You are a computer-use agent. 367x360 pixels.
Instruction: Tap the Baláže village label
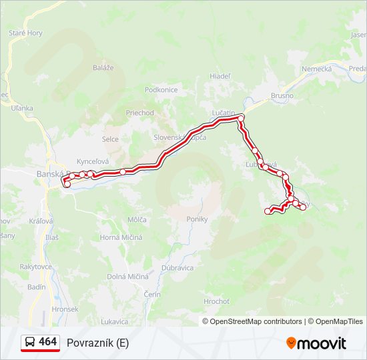pos(103,67)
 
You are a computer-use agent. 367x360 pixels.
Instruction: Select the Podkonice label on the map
pos(161,90)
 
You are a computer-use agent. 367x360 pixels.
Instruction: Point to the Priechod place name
pos(139,113)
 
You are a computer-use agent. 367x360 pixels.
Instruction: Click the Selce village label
pos(110,139)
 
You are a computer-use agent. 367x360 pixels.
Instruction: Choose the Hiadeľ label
pos(220,76)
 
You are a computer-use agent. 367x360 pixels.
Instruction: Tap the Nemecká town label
pos(316,69)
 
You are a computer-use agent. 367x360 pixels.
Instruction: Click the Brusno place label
pos(282,95)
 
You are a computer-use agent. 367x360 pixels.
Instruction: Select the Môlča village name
pos(137,219)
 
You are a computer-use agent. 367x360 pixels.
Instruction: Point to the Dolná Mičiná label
pos(128,276)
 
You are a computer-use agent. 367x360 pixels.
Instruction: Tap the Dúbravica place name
pos(177,267)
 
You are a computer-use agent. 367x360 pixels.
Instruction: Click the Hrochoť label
pos(216,301)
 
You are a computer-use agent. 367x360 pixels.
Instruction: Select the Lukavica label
pos(115,321)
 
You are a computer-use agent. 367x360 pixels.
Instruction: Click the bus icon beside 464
pos(30,342)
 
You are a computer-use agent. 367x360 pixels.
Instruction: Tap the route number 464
pos(48,342)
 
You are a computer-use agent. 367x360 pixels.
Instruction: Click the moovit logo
pos(316,343)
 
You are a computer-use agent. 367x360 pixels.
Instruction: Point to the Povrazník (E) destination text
pos(97,343)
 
